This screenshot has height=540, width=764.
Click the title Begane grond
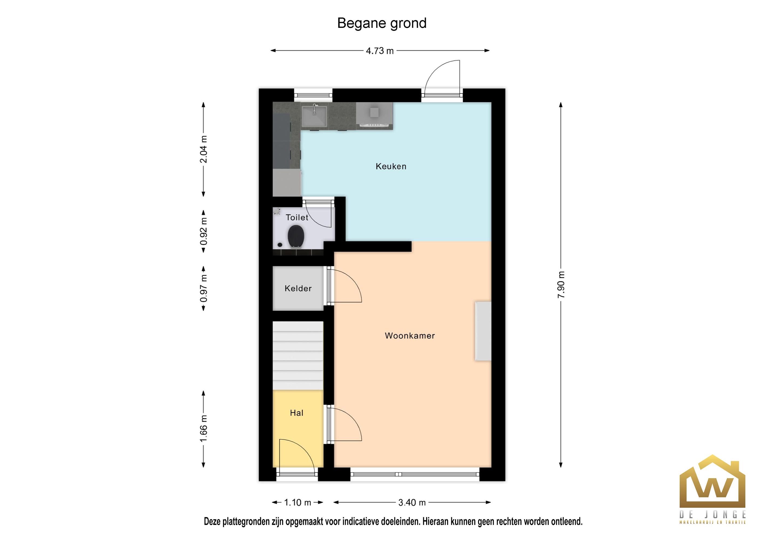pyautogui.click(x=382, y=23)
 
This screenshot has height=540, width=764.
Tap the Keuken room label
pyautogui.click(x=391, y=166)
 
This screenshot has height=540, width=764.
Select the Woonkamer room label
pyautogui.click(x=410, y=336)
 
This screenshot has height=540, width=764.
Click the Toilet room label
pyautogui.click(x=297, y=218)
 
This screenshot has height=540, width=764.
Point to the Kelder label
pyautogui.click(x=298, y=288)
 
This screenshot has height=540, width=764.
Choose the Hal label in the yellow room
pyautogui.click(x=297, y=413)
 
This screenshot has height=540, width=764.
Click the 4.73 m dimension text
pyautogui.click(x=380, y=51)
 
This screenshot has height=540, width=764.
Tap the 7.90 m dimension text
pyautogui.click(x=561, y=285)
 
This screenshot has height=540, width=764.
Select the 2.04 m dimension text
pyautogui.click(x=203, y=149)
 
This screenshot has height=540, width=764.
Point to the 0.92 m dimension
pyautogui.click(x=203, y=231)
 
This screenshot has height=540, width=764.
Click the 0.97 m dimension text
pyautogui.click(x=203, y=288)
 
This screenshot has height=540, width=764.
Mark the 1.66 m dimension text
pyautogui.click(x=203, y=429)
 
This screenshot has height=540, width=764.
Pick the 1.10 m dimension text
pyautogui.click(x=298, y=502)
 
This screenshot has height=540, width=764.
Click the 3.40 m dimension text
pyautogui.click(x=412, y=502)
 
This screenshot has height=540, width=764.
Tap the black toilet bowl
pyautogui.click(x=296, y=236)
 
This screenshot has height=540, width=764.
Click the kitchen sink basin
pyautogui.click(x=314, y=115)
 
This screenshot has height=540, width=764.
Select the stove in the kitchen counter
pyautogui.click(x=374, y=115)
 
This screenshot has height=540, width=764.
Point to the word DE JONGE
pyautogui.click(x=712, y=515)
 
